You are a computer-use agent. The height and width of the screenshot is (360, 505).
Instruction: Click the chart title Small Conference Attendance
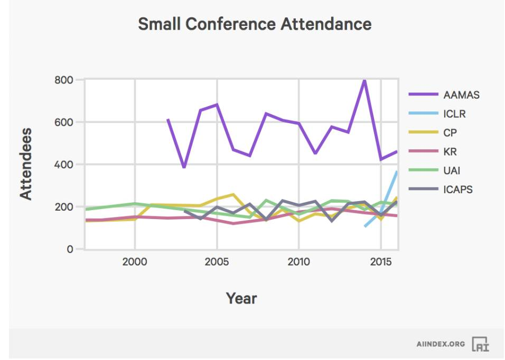point(255,24)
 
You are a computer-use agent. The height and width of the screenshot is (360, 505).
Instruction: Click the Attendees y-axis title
point(26,164)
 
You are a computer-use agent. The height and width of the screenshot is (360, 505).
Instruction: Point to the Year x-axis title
point(241,298)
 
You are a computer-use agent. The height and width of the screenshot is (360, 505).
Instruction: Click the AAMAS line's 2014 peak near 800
point(364,81)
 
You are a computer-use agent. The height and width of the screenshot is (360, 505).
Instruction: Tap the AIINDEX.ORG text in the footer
point(441,344)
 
